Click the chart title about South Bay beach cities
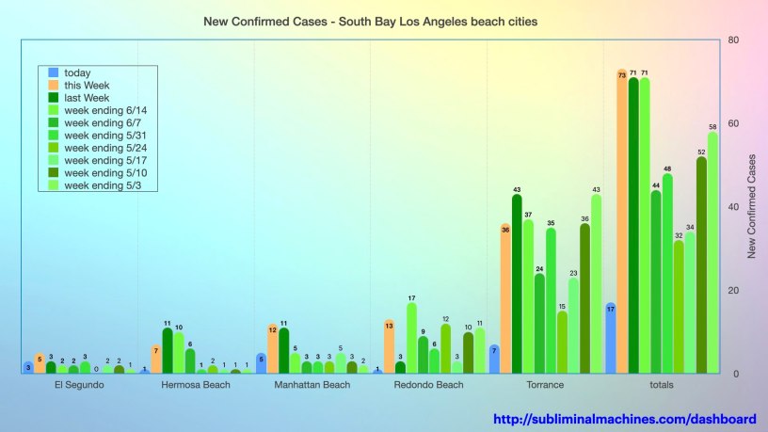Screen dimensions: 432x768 tap(371, 21)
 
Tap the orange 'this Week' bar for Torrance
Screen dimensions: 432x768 tap(505, 299)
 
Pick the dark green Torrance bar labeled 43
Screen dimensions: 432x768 tap(517, 284)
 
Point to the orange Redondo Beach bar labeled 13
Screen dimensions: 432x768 tap(389, 347)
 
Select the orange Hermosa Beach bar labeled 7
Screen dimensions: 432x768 tap(156, 360)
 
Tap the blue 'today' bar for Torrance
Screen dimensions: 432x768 tap(494, 360)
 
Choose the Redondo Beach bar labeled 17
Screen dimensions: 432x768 tap(411, 338)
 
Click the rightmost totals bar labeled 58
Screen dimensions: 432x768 tap(712, 253)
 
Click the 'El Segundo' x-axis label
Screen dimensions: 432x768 tap(80, 385)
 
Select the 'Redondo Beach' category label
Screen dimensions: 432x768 tap(428, 385)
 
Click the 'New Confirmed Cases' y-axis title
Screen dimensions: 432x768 tap(751, 207)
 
